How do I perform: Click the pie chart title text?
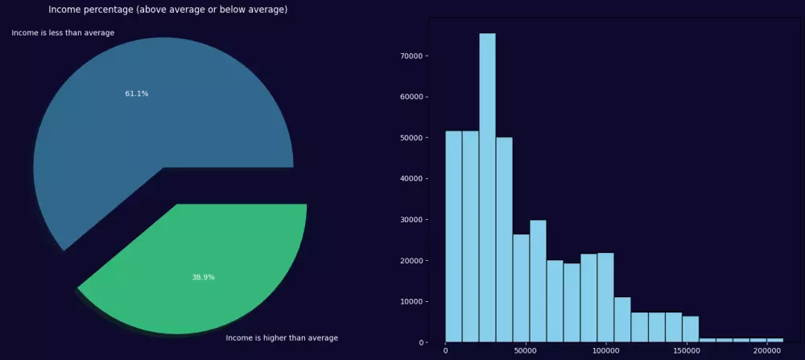[x=167, y=10]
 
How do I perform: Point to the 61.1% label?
[x=136, y=93]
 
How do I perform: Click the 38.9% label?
[x=203, y=277]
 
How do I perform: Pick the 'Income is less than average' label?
[x=63, y=33]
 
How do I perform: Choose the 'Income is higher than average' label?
[x=282, y=337]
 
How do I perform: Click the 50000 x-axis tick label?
[x=525, y=351]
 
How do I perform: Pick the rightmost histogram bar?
[x=774, y=340]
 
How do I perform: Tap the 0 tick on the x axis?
[x=445, y=351]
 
